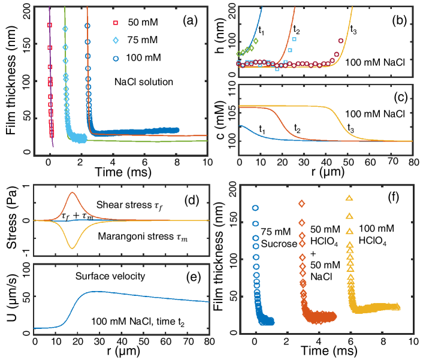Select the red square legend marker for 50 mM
116,23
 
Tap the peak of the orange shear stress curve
72,193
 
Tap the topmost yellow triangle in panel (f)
349,198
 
